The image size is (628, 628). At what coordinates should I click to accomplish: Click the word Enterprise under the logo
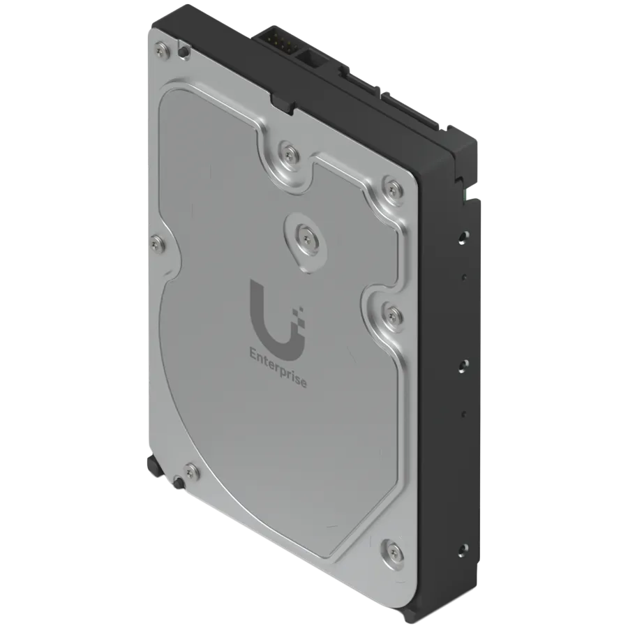pos(278,368)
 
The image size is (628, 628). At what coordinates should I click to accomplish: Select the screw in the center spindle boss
pos(306,239)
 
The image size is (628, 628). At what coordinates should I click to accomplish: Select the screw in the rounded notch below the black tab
pos(289,153)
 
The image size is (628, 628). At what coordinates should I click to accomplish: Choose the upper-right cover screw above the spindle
pos(391,186)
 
